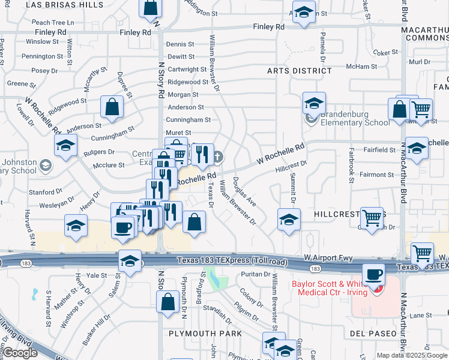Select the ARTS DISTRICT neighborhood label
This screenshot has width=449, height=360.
click(300, 71)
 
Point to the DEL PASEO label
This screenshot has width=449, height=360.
click(373, 334)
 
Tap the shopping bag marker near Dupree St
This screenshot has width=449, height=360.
click(112, 108)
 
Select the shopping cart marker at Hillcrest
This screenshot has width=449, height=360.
click(372, 219)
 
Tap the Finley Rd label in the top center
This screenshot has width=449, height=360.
click(268, 27)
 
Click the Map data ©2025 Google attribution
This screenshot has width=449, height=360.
click(412, 355)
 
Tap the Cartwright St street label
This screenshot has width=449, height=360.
click(187, 70)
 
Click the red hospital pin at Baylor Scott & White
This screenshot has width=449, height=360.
click(376, 290)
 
